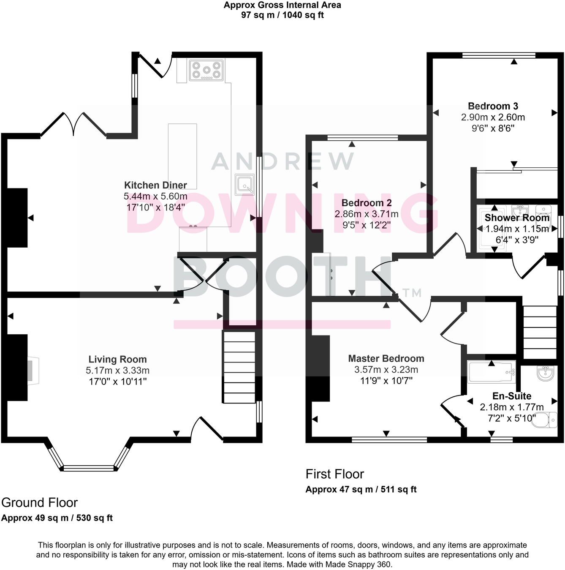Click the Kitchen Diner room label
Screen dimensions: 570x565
click(x=155, y=185)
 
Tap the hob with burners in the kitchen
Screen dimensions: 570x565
click(x=206, y=70)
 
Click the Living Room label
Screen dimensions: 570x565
click(x=117, y=359)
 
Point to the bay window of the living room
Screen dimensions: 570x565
click(x=89, y=467)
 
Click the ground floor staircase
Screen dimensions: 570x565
click(x=239, y=367)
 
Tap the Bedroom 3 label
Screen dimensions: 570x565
click(x=493, y=106)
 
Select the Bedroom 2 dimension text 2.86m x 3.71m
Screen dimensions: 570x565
click(x=367, y=214)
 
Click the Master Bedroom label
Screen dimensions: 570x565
click(x=386, y=358)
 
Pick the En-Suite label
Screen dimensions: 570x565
click(x=512, y=396)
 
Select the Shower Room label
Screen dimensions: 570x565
click(x=517, y=218)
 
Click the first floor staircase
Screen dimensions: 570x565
click(x=540, y=332)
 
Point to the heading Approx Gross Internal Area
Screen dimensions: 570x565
click(x=282, y=5)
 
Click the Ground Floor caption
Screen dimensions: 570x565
click(x=39, y=502)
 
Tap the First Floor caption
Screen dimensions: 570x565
click(x=334, y=474)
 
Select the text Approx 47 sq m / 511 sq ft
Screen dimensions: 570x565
click(x=361, y=489)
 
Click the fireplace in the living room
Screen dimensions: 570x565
click(x=33, y=371)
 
